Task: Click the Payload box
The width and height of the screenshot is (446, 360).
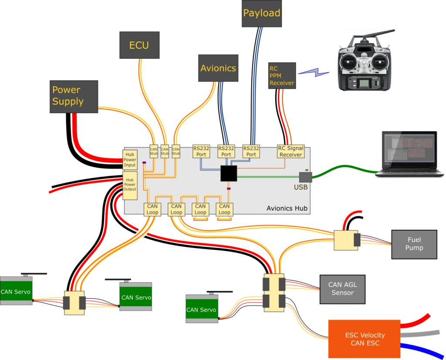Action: point(261,14)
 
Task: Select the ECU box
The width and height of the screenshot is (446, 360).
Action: point(139,45)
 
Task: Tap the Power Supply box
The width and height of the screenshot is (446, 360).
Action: point(74,96)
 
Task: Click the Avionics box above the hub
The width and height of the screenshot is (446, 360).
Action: point(218,68)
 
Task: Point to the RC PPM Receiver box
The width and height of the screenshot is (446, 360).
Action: point(282,76)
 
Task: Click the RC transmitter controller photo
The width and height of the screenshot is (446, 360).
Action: point(366,61)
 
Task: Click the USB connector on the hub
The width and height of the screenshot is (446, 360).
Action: point(305,177)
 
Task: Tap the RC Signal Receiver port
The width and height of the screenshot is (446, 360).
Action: point(291,151)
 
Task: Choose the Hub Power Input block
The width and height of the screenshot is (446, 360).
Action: point(130,160)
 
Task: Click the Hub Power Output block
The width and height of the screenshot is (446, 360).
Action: point(130,185)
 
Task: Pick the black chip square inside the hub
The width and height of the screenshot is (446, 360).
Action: point(229,173)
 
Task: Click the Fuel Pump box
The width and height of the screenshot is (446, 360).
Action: point(414,244)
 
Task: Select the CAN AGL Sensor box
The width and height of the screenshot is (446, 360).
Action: point(342,289)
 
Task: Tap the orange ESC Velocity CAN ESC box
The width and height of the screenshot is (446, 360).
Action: point(364,339)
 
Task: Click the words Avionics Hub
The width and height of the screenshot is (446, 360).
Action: point(287,209)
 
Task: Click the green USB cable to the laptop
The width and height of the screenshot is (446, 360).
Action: point(344,173)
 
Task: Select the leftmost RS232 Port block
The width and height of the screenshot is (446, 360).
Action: point(201,151)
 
